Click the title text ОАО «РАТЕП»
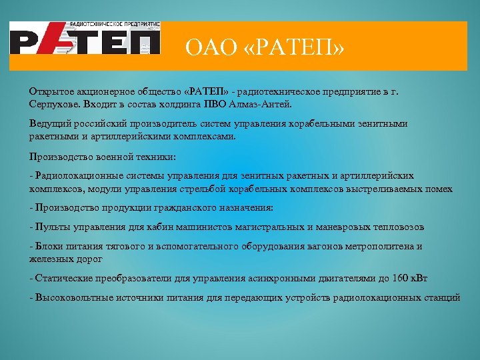coord(265,47)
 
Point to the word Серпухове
coord(52,105)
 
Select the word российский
coord(94,124)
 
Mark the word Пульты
coord(51,227)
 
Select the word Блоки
coord(49,246)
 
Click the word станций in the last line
coord(443,297)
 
